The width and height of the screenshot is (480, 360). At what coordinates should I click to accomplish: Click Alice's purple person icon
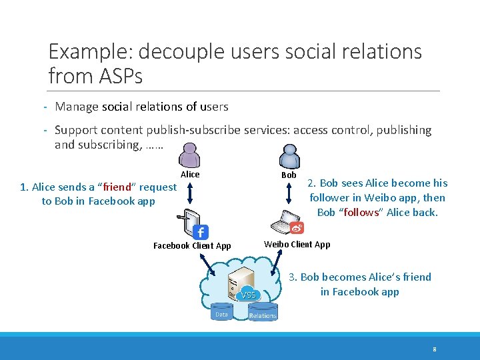point(190,155)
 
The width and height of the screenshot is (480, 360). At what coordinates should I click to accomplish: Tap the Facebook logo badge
point(201,232)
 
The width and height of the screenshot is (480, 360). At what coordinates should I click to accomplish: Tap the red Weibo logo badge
point(297,228)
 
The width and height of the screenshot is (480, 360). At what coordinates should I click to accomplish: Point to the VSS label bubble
point(249,295)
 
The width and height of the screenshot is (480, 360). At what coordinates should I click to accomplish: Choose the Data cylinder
point(221,314)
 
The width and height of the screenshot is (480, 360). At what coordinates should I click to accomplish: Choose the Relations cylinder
point(263,315)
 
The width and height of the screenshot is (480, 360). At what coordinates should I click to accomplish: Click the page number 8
point(434,349)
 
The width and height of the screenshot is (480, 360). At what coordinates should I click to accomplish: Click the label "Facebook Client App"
point(192,246)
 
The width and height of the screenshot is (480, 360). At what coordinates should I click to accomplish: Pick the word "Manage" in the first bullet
point(77,107)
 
